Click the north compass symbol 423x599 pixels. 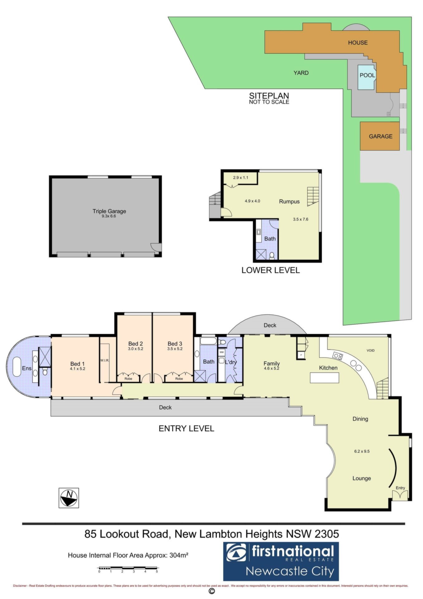pos(69,498)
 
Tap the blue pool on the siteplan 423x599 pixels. pos(367,77)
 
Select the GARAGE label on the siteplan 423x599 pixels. pos(381,136)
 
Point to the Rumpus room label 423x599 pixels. pos(289,202)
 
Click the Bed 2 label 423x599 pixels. pos(136,344)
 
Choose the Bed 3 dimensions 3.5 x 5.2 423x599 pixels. pos(175,349)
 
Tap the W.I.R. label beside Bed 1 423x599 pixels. pos(104,361)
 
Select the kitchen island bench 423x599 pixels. pos(324,378)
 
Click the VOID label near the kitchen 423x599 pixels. pos(370,351)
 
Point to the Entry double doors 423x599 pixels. pos(400,495)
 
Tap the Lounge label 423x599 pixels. pos(362,478)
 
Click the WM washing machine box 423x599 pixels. pos(222,352)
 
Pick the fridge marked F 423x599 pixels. pos(301,355)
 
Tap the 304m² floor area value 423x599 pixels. pos(179,555)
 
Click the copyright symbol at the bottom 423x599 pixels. pos(212,592)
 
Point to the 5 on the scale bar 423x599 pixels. pos(157,572)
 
